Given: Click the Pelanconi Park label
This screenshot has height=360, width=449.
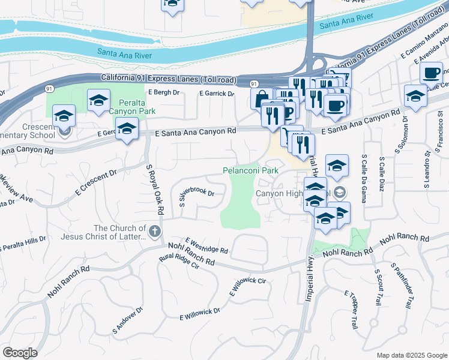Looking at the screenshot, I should (251, 171).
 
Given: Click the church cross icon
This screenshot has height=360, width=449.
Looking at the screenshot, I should (154, 232).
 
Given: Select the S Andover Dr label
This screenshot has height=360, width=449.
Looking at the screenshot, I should (127, 321).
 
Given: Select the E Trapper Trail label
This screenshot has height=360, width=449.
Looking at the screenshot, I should (351, 309).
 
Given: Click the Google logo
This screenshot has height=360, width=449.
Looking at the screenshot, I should (20, 353).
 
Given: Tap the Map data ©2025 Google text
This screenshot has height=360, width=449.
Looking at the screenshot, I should (411, 355).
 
